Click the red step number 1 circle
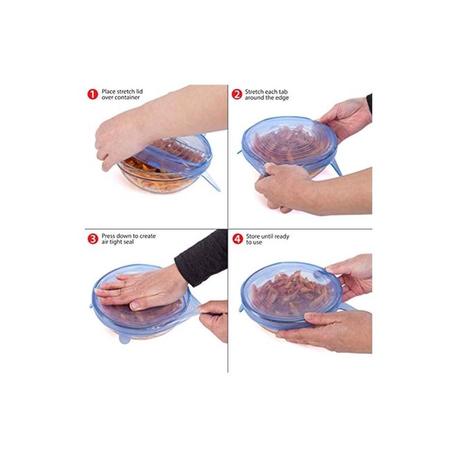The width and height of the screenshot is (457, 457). tap(93, 94)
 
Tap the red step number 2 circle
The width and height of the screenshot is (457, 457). tap(237, 94)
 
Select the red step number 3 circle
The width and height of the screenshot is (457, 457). tap(93, 239)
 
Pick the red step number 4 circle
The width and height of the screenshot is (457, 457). tap(238, 239)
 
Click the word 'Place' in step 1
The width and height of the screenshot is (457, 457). tap(109, 91)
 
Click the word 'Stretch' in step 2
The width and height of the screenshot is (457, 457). tap(254, 92)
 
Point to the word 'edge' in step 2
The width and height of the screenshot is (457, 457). tap(282, 98)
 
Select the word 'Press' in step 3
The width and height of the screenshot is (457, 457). tap(108, 236)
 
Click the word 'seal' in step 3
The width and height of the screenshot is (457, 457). tap(128, 242)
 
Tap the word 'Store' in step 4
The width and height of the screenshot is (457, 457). tap(253, 236)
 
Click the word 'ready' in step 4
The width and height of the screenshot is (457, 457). tap(282, 237)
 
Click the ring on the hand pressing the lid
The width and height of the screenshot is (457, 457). tap(121, 292)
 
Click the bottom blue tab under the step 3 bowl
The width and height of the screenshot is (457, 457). tap(125, 339)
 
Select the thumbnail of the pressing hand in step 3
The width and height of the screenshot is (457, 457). tap(134, 305)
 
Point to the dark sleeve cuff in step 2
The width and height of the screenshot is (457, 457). tap(369, 104)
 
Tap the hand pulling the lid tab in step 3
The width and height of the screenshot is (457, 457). tap(213, 319)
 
